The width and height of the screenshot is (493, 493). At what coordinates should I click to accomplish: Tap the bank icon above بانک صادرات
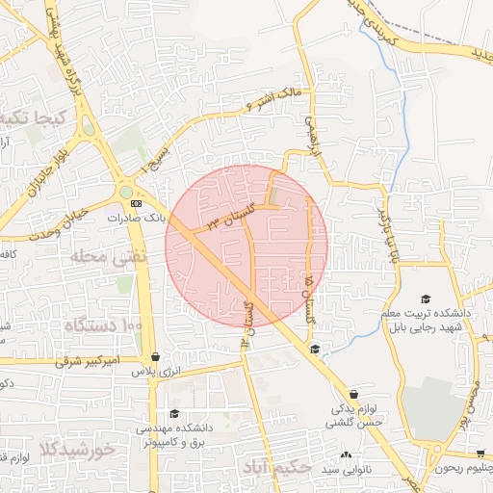136,204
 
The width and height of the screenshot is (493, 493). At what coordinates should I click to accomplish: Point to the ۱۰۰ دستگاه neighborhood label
103,325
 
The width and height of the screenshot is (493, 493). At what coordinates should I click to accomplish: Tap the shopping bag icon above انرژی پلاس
171,357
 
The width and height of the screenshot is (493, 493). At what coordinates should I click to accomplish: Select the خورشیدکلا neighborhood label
78,450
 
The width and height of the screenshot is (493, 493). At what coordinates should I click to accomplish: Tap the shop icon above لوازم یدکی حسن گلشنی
353,395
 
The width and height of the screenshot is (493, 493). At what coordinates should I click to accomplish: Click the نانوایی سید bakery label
344,469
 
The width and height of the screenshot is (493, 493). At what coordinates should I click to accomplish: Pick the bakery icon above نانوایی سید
345,454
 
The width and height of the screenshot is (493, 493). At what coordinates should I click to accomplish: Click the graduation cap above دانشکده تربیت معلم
426,299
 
